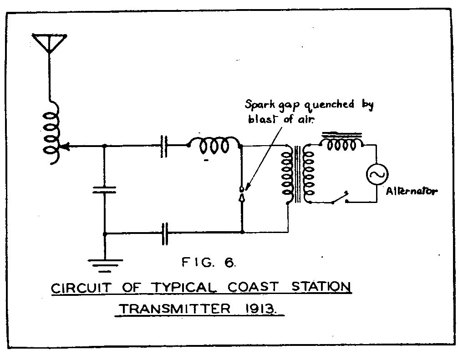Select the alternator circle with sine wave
[x=377, y=174]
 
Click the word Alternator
[x=412, y=192]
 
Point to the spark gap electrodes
[x=242, y=194]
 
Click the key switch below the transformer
[x=340, y=198]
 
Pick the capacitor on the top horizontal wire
[x=164, y=146]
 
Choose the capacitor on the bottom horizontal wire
[x=165, y=233]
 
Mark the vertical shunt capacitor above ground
[x=104, y=190]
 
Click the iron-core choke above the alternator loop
[x=341, y=141]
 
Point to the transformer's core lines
[x=298, y=174]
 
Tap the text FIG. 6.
[x=209, y=262]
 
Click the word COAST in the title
[x=253, y=287]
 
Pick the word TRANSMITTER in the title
[x=176, y=309]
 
